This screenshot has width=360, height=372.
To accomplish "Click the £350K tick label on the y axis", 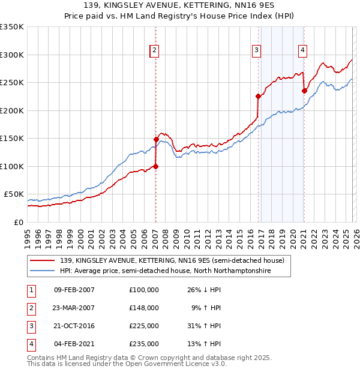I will (x=12, y=27).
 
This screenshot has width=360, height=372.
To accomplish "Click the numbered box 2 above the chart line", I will (x=155, y=50).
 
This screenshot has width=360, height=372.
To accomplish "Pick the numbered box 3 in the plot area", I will (x=256, y=50).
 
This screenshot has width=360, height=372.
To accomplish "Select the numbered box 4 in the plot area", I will (x=302, y=50).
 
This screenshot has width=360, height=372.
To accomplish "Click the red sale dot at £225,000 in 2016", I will (x=258, y=96).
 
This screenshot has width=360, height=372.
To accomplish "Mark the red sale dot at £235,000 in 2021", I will (x=304, y=91).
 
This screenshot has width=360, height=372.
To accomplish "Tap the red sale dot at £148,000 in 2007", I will (x=156, y=139).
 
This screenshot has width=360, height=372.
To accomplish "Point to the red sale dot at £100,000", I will (x=155, y=166).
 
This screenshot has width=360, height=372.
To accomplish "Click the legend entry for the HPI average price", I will (x=165, y=271).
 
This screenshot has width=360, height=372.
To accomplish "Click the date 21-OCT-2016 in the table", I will (x=74, y=326).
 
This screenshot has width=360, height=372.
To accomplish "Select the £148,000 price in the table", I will (x=144, y=308).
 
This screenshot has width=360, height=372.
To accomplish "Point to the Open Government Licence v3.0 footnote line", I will (x=127, y=364).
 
